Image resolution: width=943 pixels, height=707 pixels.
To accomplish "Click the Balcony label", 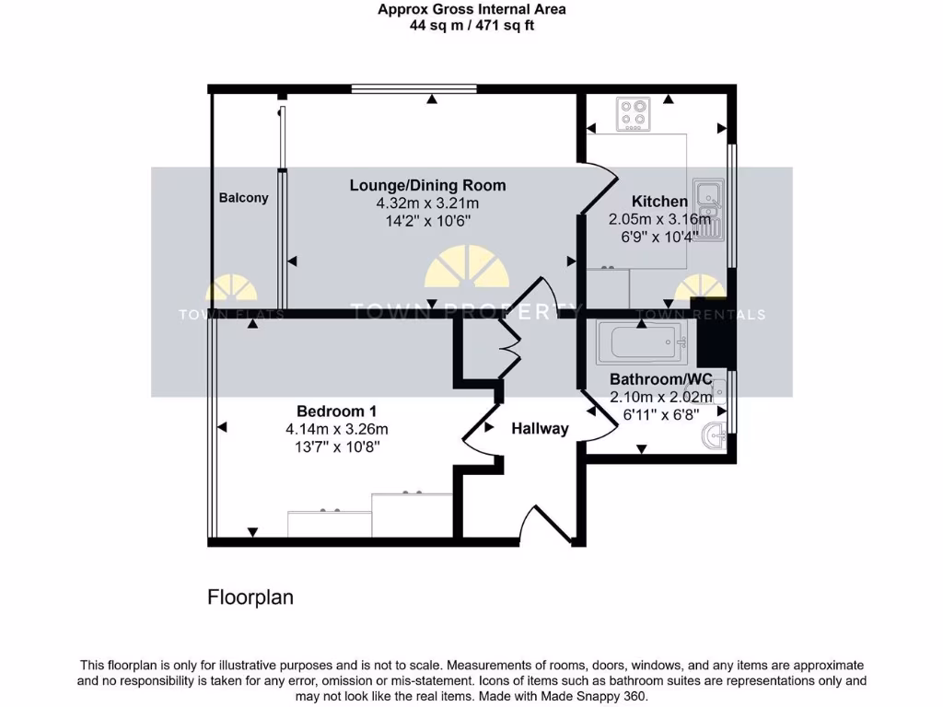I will [x=243, y=198].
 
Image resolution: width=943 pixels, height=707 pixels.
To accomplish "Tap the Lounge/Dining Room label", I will [x=427, y=185].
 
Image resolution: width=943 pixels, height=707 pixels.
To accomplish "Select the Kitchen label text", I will [x=658, y=202].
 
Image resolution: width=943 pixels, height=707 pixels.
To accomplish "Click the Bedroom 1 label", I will [x=336, y=411].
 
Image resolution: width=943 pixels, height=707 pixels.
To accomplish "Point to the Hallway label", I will [x=540, y=428].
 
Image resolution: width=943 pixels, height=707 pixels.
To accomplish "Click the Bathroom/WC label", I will [x=661, y=379].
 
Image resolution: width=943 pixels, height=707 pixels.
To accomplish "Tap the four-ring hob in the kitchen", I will [x=634, y=115].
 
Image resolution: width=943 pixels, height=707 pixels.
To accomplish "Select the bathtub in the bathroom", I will [x=640, y=342].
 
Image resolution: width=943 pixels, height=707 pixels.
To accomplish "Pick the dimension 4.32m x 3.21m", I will [x=427, y=203].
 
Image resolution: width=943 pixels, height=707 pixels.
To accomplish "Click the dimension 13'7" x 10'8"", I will [x=336, y=446].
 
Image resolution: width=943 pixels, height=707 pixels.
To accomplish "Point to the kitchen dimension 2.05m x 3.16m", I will [x=659, y=219].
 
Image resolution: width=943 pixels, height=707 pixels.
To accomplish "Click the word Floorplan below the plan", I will [x=250, y=597].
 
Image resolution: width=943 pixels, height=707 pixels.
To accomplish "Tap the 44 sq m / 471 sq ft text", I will [x=471, y=26].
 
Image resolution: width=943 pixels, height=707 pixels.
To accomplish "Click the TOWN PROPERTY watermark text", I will [x=465, y=312].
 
